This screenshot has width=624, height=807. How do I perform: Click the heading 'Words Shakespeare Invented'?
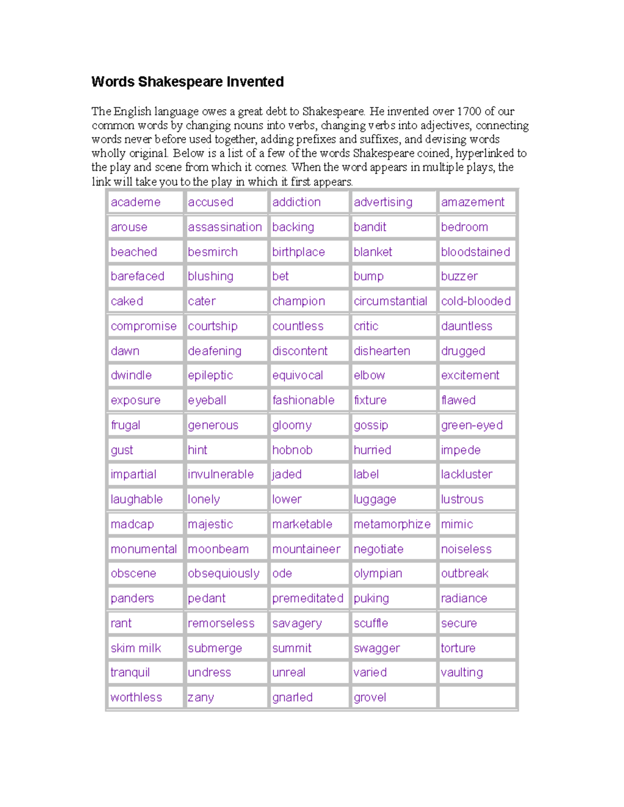[x=187, y=82]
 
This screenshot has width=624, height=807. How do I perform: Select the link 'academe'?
[x=135, y=202]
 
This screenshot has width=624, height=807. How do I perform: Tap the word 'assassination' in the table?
[x=225, y=227]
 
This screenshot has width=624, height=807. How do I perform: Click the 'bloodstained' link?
[x=475, y=252]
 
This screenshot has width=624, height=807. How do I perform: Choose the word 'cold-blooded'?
[x=476, y=301]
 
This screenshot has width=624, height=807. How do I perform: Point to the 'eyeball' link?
[x=207, y=401]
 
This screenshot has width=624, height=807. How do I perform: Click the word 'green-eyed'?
[x=472, y=425]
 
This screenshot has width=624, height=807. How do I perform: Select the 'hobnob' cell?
[x=292, y=450]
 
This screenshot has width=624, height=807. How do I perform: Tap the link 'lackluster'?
[x=466, y=474]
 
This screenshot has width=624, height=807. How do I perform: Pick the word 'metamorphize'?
[x=392, y=524]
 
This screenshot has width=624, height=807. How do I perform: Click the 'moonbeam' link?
[x=218, y=549]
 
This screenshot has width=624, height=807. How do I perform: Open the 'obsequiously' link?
[x=224, y=574]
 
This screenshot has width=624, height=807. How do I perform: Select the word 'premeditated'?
[x=308, y=599]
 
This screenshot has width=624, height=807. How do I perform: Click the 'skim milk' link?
[x=136, y=649]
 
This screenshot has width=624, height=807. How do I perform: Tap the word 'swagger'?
[x=376, y=649]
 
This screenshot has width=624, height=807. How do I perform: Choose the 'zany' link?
[x=201, y=698]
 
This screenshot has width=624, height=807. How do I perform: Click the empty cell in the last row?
[x=477, y=697]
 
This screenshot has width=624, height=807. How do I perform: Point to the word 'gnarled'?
[x=292, y=698]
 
